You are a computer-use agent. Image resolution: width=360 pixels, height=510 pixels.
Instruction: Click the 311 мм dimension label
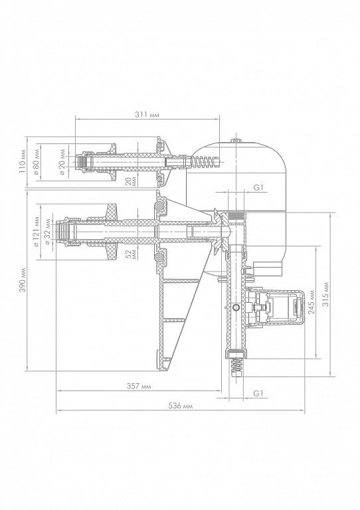[x=147, y=115]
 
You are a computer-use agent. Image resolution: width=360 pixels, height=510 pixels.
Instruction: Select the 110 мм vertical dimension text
[x=22, y=161]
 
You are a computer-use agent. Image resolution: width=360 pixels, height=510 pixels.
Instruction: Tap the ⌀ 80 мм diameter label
[x=37, y=161]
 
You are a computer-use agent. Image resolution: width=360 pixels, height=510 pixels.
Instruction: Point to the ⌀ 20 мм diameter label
[x=62, y=161]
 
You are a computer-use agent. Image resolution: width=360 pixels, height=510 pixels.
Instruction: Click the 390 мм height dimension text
[x=22, y=280]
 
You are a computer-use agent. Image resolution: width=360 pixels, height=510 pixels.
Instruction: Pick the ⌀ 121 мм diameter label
[x=37, y=231]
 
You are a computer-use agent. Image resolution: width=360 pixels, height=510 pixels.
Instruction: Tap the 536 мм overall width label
[x=181, y=406]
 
